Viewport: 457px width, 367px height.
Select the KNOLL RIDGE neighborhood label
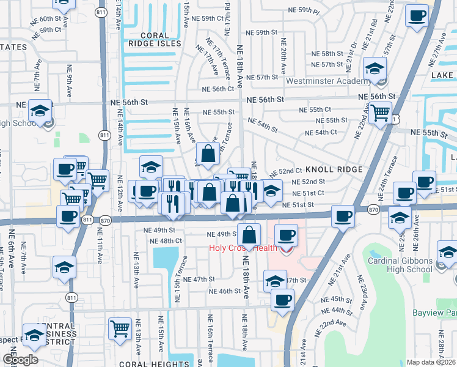[334, 169]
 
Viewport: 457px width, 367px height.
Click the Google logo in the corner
[20, 360]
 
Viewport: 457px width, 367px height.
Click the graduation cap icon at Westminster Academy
[375, 69]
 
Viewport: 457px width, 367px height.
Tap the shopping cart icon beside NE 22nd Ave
[381, 112]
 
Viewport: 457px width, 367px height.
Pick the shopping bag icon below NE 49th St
[249, 234]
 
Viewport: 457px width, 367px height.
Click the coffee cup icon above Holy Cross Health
[286, 234]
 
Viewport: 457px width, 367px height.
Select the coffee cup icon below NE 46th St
[282, 300]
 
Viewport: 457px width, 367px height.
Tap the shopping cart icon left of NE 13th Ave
[120, 328]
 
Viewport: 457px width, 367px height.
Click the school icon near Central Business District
[35, 334]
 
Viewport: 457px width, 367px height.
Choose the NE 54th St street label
[263, 127]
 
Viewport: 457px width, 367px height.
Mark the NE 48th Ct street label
[166, 241]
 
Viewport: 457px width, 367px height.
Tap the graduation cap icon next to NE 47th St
[275, 281]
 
